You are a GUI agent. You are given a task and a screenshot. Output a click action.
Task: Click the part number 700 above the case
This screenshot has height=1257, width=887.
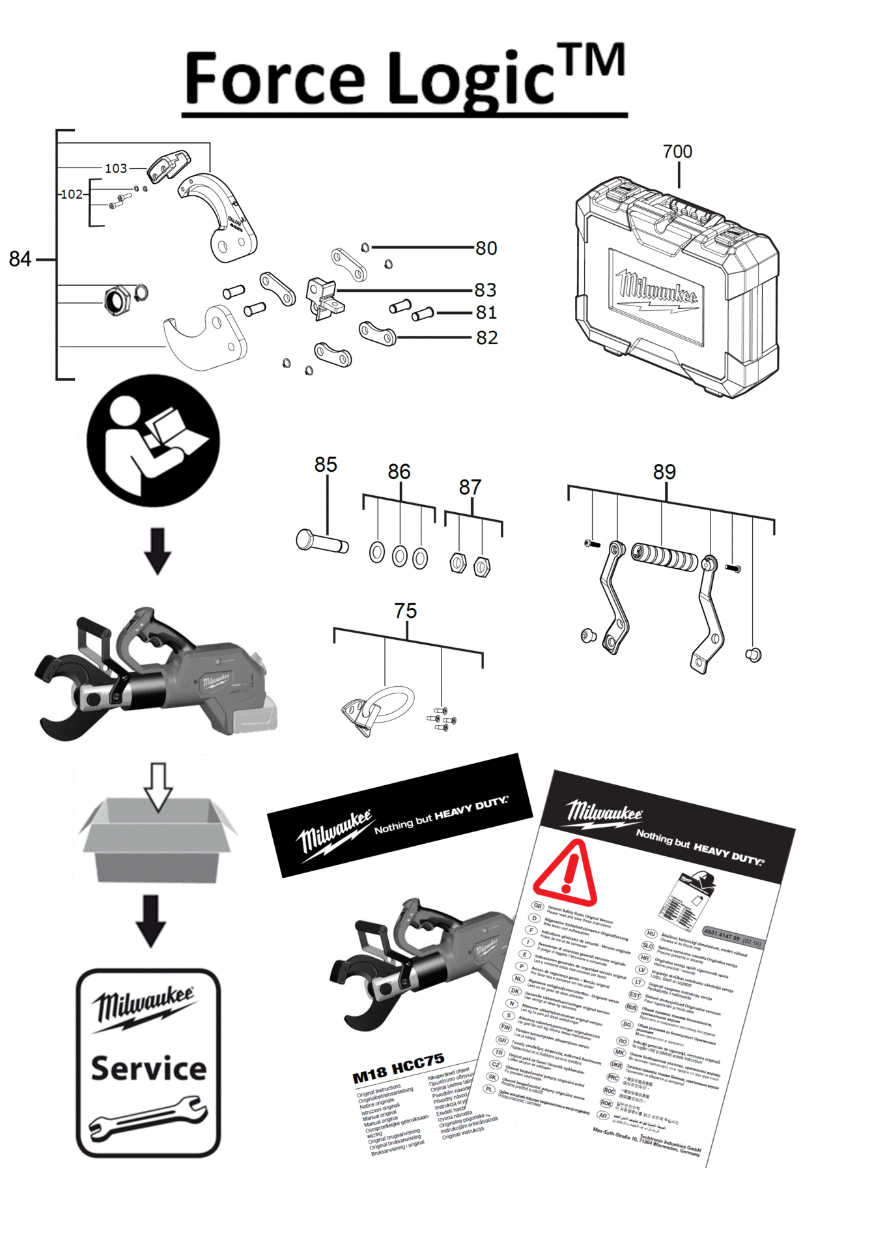(x=677, y=152)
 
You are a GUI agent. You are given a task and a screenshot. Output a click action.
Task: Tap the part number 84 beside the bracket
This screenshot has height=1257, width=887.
(x=20, y=259)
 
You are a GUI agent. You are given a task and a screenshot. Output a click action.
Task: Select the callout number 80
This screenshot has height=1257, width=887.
(x=486, y=248)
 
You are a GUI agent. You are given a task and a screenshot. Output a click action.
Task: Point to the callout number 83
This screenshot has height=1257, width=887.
(x=485, y=290)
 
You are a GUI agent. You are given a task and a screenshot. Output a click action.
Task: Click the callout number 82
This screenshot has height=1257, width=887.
(x=486, y=338)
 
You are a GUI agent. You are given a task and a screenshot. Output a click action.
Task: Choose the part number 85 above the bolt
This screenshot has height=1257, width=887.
(x=326, y=465)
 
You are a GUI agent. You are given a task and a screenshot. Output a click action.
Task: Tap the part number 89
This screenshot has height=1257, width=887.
(x=664, y=472)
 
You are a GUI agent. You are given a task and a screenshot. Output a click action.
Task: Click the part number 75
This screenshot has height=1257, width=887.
(x=405, y=611)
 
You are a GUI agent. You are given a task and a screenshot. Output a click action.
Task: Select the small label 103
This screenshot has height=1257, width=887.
(x=116, y=169)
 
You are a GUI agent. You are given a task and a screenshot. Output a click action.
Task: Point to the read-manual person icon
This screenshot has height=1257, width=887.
(x=153, y=441)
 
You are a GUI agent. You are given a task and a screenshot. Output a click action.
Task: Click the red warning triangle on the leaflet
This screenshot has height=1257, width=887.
(x=565, y=873)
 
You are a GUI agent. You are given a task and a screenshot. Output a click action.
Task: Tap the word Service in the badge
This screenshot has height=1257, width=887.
(x=148, y=1069)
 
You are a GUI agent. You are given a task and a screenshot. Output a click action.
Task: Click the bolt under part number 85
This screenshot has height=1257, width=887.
(x=322, y=542)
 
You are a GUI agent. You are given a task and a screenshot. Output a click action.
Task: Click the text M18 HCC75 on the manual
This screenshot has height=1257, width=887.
(x=398, y=1068)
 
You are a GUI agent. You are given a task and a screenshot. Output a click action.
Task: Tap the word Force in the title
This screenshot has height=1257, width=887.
(x=274, y=79)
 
